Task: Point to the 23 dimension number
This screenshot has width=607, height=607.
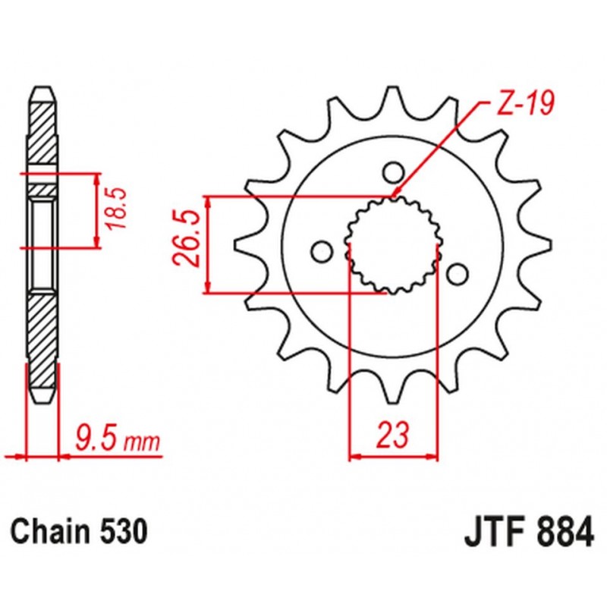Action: coord(394,436)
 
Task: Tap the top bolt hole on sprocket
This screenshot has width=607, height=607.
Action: coord(392,172)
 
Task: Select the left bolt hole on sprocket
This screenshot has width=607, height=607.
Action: coord(322,251)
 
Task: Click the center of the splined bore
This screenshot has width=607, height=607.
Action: coord(394,244)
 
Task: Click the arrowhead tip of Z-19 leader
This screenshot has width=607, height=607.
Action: coord(395,196)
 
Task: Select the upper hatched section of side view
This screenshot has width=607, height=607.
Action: coord(42,133)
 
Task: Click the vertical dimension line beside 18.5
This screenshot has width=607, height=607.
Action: coord(96,210)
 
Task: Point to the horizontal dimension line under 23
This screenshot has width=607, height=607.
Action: coord(394,457)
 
